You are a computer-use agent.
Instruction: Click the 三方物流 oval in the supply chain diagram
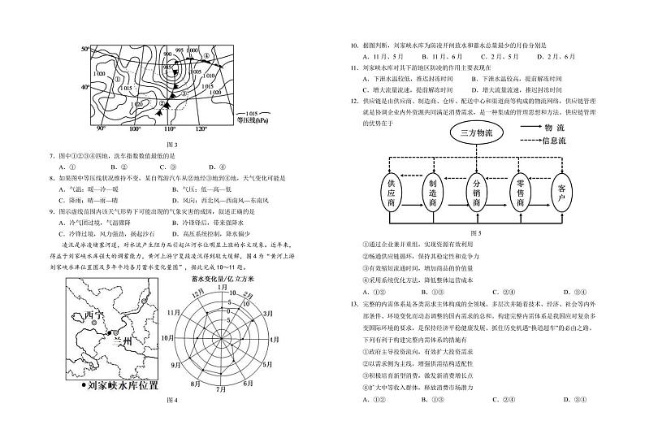[476, 132]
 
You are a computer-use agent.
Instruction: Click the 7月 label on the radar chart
[223, 389]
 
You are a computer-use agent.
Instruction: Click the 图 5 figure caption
[476, 233]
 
